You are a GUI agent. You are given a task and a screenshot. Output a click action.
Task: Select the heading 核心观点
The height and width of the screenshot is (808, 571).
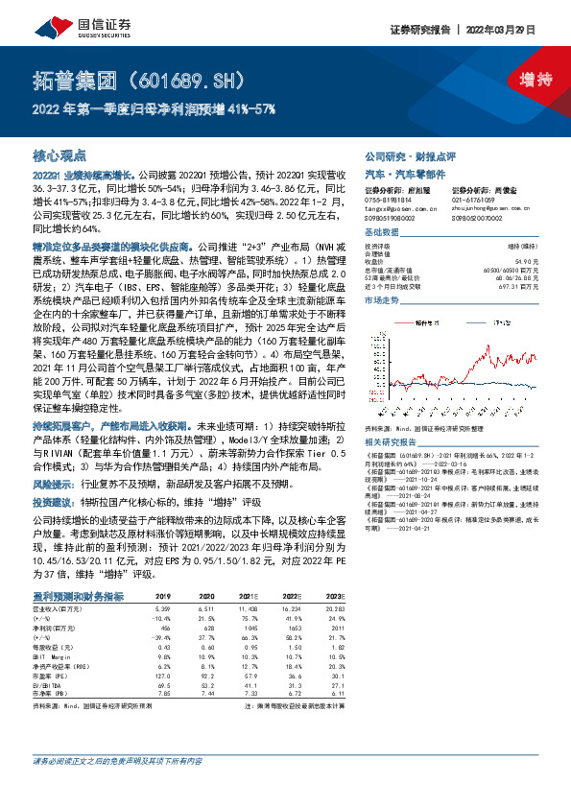(x=55, y=154)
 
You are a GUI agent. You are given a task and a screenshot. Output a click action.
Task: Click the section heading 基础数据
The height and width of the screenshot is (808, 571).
(x=383, y=234)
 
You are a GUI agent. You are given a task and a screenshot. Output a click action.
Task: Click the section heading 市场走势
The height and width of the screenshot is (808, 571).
(x=383, y=300)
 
